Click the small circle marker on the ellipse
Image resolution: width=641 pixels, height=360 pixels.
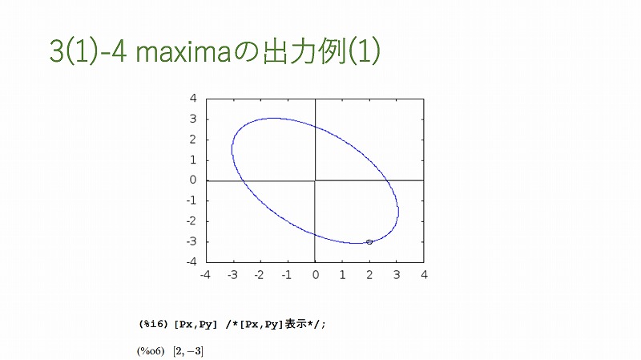pyautogui.click(x=369, y=242)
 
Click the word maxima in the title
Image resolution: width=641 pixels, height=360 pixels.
pyautogui.click(x=183, y=52)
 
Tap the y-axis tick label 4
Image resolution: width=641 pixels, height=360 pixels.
pyautogui.click(x=193, y=98)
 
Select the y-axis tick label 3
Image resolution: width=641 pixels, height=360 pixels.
pyautogui.click(x=193, y=119)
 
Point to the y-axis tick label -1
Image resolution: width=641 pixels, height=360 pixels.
pyautogui.click(x=191, y=201)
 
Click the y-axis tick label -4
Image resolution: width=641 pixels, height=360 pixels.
pyautogui.click(x=191, y=262)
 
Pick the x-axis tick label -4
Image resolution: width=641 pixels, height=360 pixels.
pyautogui.click(x=205, y=275)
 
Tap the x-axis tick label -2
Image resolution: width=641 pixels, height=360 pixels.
pyautogui.click(x=259, y=275)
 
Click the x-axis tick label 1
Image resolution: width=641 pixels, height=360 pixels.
pyautogui.click(x=343, y=275)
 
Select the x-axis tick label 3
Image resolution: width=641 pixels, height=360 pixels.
pyautogui.click(x=397, y=275)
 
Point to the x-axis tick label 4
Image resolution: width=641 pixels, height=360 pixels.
pyautogui.click(x=424, y=275)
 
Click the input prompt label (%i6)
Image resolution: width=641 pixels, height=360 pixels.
pyautogui.click(x=153, y=325)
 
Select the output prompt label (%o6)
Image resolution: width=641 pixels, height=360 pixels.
pyautogui.click(x=151, y=351)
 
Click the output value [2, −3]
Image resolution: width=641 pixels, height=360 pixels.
pyautogui.click(x=188, y=351)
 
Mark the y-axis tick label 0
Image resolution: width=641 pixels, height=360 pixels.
pyautogui.click(x=193, y=180)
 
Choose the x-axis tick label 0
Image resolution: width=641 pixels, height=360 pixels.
pyautogui.click(x=315, y=275)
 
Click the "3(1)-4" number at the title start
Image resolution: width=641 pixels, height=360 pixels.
pyautogui.click(x=88, y=51)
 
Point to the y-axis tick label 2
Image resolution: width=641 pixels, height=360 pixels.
pyautogui.click(x=193, y=140)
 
